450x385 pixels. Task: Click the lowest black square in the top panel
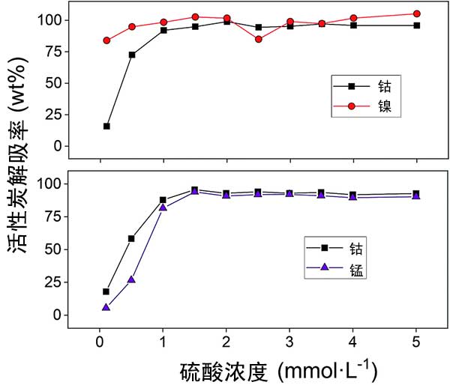[x=106, y=126]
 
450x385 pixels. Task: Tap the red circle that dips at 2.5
[x=259, y=39]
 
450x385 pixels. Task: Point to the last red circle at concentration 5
[x=416, y=13]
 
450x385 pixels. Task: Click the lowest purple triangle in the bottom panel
[x=106, y=307]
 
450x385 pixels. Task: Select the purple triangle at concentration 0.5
[x=131, y=280]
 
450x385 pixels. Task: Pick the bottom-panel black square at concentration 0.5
[x=131, y=238]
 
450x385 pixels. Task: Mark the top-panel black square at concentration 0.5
[x=132, y=55]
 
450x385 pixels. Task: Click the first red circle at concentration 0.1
[x=106, y=40]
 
